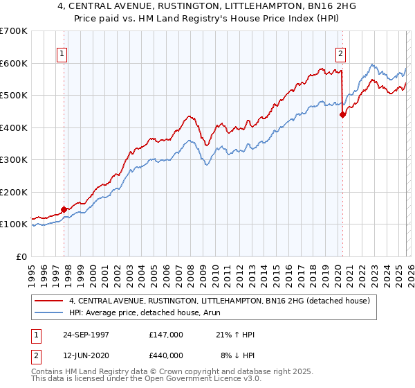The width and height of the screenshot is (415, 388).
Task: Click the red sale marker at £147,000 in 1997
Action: tap(64, 209)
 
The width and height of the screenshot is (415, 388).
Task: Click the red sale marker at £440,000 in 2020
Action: tap(342, 115)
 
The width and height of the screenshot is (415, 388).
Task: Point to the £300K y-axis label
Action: tap(14, 160)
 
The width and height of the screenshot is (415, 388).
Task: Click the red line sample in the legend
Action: tap(48, 301)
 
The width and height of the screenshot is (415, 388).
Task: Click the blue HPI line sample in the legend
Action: tap(48, 313)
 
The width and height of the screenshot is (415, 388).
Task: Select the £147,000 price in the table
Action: tap(166, 335)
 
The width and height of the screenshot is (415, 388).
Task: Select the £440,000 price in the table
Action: tap(166, 355)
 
